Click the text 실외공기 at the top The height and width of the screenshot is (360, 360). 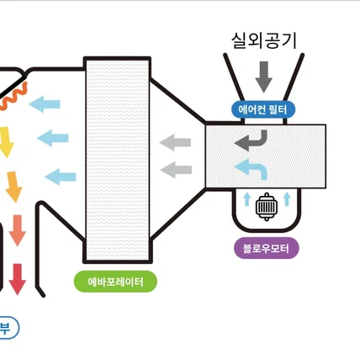tap(263, 40)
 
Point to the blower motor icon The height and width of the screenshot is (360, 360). tap(267, 206)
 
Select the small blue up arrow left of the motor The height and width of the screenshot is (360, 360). tap(247, 199)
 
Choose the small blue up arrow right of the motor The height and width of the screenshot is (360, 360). tap(288, 199)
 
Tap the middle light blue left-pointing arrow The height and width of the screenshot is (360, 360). tap(53, 136)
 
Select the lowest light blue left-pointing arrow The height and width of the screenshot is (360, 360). tap(61, 177)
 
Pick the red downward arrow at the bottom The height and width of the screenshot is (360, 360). tap(18, 278)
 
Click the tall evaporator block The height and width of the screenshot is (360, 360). tap(118, 160)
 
